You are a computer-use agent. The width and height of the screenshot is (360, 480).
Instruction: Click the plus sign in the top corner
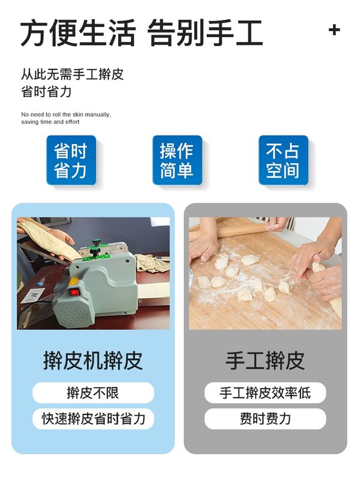(334, 30)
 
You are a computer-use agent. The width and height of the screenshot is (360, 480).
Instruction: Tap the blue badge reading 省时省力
(71, 160)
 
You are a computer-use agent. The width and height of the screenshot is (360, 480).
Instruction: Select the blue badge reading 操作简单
(177, 160)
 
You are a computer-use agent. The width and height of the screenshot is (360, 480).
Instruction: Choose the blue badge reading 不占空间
(283, 160)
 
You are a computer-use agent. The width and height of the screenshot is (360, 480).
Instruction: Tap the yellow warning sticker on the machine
(74, 281)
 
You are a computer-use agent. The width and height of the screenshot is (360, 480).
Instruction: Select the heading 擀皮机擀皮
(93, 361)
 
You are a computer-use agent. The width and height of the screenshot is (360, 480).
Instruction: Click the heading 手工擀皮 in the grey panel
(265, 361)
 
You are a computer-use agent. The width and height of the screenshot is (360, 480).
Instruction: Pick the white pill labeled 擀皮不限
(93, 393)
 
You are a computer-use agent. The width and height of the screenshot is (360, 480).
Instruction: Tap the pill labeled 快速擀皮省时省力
(93, 419)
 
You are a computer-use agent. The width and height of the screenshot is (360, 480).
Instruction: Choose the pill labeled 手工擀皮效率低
(265, 393)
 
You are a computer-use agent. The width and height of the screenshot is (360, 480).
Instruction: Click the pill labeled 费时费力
(265, 419)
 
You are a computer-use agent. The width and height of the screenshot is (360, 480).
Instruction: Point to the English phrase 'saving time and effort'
(50, 122)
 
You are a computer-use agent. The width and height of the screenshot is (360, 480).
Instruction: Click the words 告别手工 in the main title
(205, 32)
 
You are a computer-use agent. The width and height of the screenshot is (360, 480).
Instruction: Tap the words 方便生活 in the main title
(78, 32)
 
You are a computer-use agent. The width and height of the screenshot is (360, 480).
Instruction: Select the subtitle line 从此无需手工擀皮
(72, 74)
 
